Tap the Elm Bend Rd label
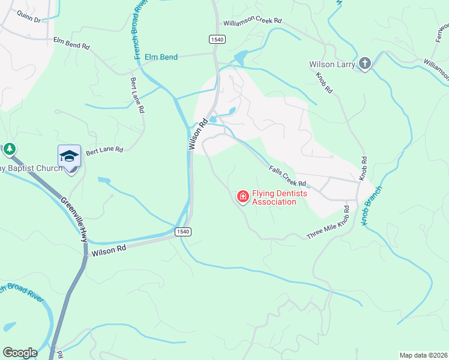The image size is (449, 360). pyautogui.click(x=71, y=43)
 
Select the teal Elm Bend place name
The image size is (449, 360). pyautogui.click(x=160, y=57)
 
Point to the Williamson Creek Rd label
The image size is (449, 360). pyautogui.click(x=252, y=21)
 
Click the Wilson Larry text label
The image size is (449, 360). pyautogui.click(x=333, y=64)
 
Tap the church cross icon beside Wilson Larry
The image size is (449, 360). pyautogui.click(x=365, y=63)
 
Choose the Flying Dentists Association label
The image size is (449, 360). pyautogui.click(x=274, y=197)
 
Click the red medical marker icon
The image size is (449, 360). pyautogui.click(x=243, y=197)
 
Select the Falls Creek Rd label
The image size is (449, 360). pyautogui.click(x=288, y=175)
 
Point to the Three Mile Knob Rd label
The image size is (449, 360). pyautogui.click(x=328, y=223)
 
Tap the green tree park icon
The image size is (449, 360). pyautogui.click(x=9, y=148)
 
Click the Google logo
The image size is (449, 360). pyautogui.click(x=20, y=353)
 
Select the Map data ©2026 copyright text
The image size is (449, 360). pyautogui.click(x=423, y=355)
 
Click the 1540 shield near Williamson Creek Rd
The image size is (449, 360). pyautogui.click(x=217, y=39)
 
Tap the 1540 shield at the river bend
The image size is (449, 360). pyautogui.click(x=183, y=232)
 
